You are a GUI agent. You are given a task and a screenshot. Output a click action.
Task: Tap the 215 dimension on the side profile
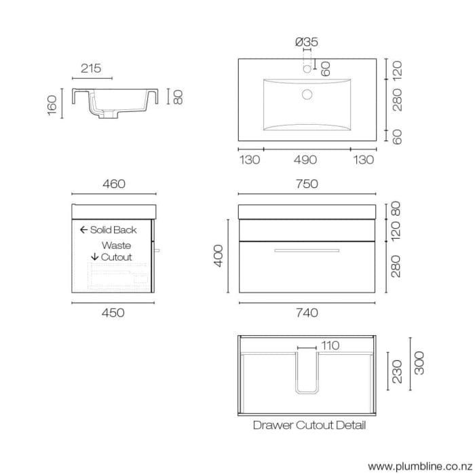pos(91,68)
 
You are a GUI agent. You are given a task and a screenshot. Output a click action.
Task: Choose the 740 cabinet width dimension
pos(307,313)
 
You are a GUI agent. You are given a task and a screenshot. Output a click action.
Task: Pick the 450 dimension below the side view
pos(113,313)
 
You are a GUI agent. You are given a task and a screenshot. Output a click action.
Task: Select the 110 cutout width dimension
pos(330,346)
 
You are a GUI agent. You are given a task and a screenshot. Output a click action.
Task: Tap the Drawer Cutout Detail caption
pos(309,425)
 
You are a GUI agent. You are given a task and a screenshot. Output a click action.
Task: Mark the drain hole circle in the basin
pos(307,94)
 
